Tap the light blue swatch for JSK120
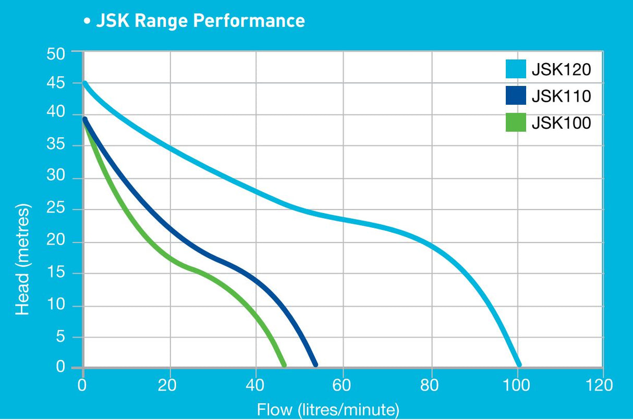pos(516,69)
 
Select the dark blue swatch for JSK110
pos(516,96)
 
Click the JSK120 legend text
pos(561,69)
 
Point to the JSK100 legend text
pos(561,123)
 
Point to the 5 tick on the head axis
pos(65,337)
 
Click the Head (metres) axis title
pos(23,259)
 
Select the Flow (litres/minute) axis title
pos(328,409)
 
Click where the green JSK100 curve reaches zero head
pos(284,364)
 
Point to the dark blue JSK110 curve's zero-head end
pos(314,364)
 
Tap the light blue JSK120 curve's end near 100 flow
pos(518,364)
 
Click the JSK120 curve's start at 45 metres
pos(85,83)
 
